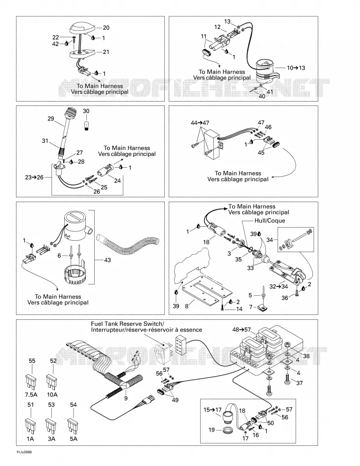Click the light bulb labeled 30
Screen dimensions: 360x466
(x=86, y=125)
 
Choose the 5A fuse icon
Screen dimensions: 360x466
(x=73, y=426)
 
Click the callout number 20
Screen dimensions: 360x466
(x=106, y=27)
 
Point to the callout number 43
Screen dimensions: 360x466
(x=107, y=260)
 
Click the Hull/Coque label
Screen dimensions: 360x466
(x=270, y=221)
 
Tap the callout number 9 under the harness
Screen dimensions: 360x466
(x=126, y=398)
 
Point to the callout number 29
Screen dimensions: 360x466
(x=51, y=119)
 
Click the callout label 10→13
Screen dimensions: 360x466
(x=296, y=68)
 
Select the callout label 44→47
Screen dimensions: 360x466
(x=200, y=123)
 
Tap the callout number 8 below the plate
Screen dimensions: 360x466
(x=187, y=306)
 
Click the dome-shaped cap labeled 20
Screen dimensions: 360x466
(x=82, y=29)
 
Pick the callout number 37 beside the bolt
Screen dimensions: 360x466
(x=299, y=383)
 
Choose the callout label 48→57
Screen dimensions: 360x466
(x=241, y=330)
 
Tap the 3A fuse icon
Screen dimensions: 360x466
(x=51, y=426)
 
